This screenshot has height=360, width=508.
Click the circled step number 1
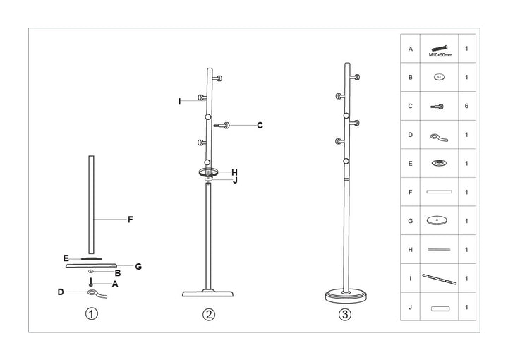tap(91, 315)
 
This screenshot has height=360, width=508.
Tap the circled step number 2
tap(208, 315)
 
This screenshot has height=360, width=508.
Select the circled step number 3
tap(344, 315)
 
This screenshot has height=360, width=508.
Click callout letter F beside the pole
tap(131, 220)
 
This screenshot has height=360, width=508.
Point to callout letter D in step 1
tap(61, 292)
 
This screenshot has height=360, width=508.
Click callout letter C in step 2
tap(260, 126)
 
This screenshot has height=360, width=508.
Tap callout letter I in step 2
tap(180, 102)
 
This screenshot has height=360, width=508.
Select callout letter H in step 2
tap(234, 172)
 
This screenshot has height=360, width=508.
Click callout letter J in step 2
tap(234, 181)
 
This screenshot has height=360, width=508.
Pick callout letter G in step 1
tap(138, 266)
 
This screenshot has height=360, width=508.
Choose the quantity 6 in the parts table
tap(466, 107)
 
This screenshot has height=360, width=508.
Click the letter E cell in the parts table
tap(411, 163)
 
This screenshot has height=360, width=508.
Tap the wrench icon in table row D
tap(438, 135)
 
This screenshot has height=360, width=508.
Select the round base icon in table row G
tap(438, 220)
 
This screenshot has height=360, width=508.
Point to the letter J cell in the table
tap(411, 307)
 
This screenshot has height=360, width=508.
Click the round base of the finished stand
tap(344, 296)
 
